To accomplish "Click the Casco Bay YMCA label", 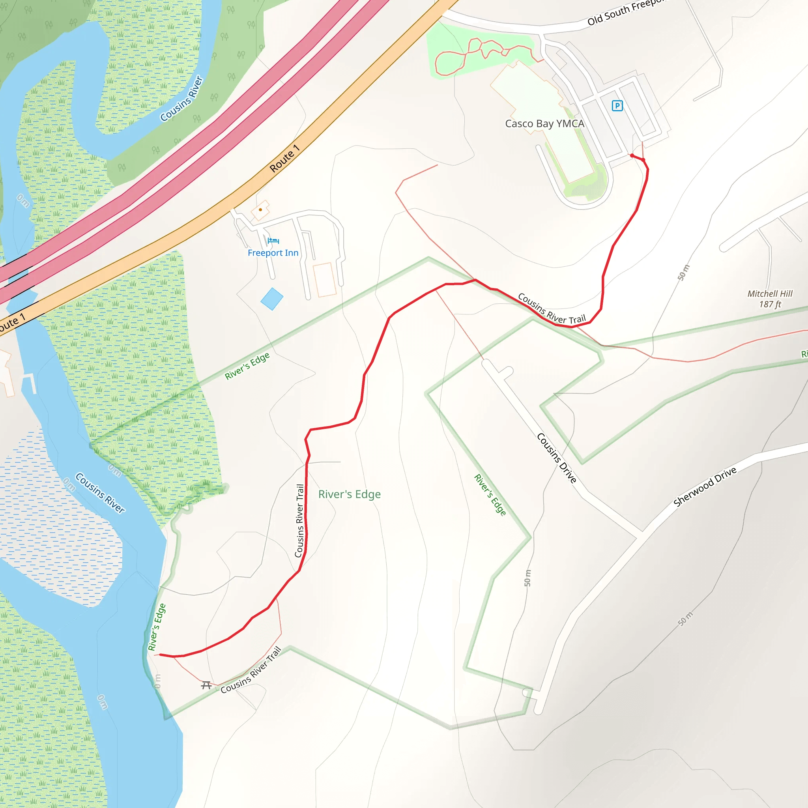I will [x=544, y=124].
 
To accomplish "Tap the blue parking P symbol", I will [x=617, y=106].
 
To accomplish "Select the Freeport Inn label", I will [x=273, y=253].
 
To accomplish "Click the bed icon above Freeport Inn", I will [x=273, y=241].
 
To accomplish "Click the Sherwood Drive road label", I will [x=705, y=486].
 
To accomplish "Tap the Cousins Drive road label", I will [x=557, y=458].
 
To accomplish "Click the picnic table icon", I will [x=206, y=685].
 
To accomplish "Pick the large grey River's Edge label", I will [x=349, y=494].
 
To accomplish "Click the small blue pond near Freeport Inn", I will [x=272, y=299].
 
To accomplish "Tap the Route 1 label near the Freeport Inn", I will [x=284, y=159].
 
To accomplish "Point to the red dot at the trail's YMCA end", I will [x=632, y=155].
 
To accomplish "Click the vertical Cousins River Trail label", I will [x=299, y=521].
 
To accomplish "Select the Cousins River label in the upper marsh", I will [x=181, y=99].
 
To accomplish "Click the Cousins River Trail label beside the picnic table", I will [x=251, y=670].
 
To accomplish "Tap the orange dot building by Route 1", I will [x=260, y=209].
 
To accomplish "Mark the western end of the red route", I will [x=160, y=655].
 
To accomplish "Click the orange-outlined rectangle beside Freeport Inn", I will [x=325, y=279].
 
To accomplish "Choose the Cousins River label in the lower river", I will [x=100, y=493].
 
